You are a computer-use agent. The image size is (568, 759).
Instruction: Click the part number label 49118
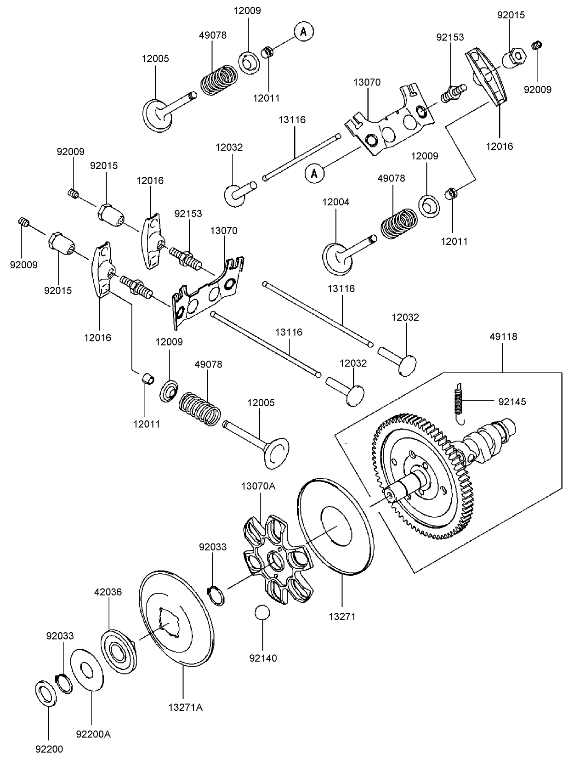pyautogui.click(x=503, y=337)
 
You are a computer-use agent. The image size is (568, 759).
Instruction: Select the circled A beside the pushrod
pyautogui.click(x=314, y=173)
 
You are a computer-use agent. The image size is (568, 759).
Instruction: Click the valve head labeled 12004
pyautogui.click(x=338, y=258)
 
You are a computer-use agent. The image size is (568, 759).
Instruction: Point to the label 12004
pyautogui.click(x=336, y=202)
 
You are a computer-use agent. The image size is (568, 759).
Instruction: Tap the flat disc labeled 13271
pyautogui.click(x=335, y=527)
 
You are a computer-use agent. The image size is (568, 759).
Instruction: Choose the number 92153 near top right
pyautogui.click(x=450, y=37)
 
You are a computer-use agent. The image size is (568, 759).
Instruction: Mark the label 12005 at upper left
pyautogui.click(x=155, y=58)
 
